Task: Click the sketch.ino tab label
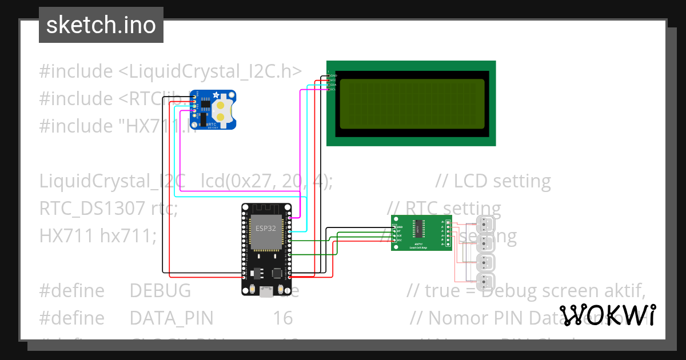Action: pyautogui.click(x=101, y=25)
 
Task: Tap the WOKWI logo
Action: pyautogui.click(x=608, y=315)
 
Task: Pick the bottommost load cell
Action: pyautogui.click(x=485, y=281)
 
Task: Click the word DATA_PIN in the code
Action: pyautogui.click(x=171, y=318)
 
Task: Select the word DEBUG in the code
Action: pyautogui.click(x=160, y=291)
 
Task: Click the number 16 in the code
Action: pyautogui.click(x=282, y=318)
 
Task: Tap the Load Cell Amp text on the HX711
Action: pyautogui.click(x=421, y=247)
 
